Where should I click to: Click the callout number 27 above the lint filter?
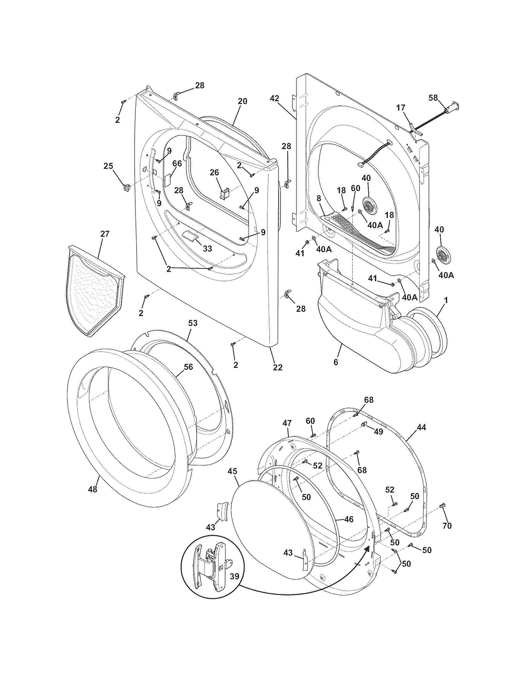pyautogui.click(x=105, y=234)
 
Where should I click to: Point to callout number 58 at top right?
pyautogui.click(x=433, y=98)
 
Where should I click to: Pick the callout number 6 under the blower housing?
pyautogui.click(x=336, y=362)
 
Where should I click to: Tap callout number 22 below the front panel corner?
pyautogui.click(x=277, y=367)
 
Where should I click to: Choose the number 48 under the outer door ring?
pyautogui.click(x=93, y=489)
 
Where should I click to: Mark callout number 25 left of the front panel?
pyautogui.click(x=108, y=166)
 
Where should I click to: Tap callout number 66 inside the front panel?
pyautogui.click(x=177, y=164)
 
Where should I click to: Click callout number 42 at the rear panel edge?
pyautogui.click(x=274, y=98)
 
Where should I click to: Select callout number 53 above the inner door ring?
pyautogui.click(x=192, y=323)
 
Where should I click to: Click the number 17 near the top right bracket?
pyautogui.click(x=401, y=108)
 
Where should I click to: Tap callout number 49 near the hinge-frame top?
pyautogui.click(x=378, y=432)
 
